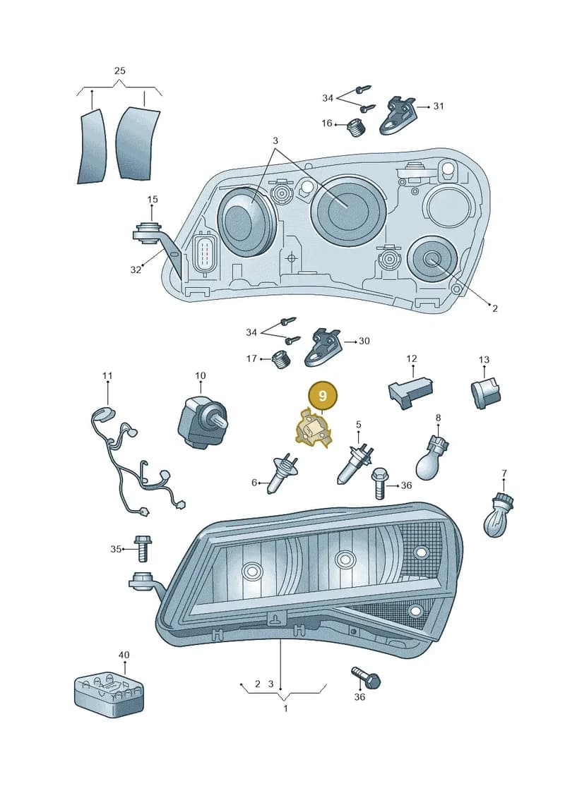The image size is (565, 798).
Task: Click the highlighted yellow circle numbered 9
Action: click(322, 395)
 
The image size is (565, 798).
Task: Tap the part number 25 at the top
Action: click(120, 71)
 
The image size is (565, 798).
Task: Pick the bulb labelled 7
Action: click(499, 516)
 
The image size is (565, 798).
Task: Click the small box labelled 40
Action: click(109, 694)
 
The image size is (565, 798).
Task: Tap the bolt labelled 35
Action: click(142, 548)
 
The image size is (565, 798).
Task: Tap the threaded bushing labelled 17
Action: click(280, 361)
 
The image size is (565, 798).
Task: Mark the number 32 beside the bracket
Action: click(135, 270)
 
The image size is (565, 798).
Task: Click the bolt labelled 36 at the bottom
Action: click(367, 677)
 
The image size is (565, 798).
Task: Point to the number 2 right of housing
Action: click(494, 308)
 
